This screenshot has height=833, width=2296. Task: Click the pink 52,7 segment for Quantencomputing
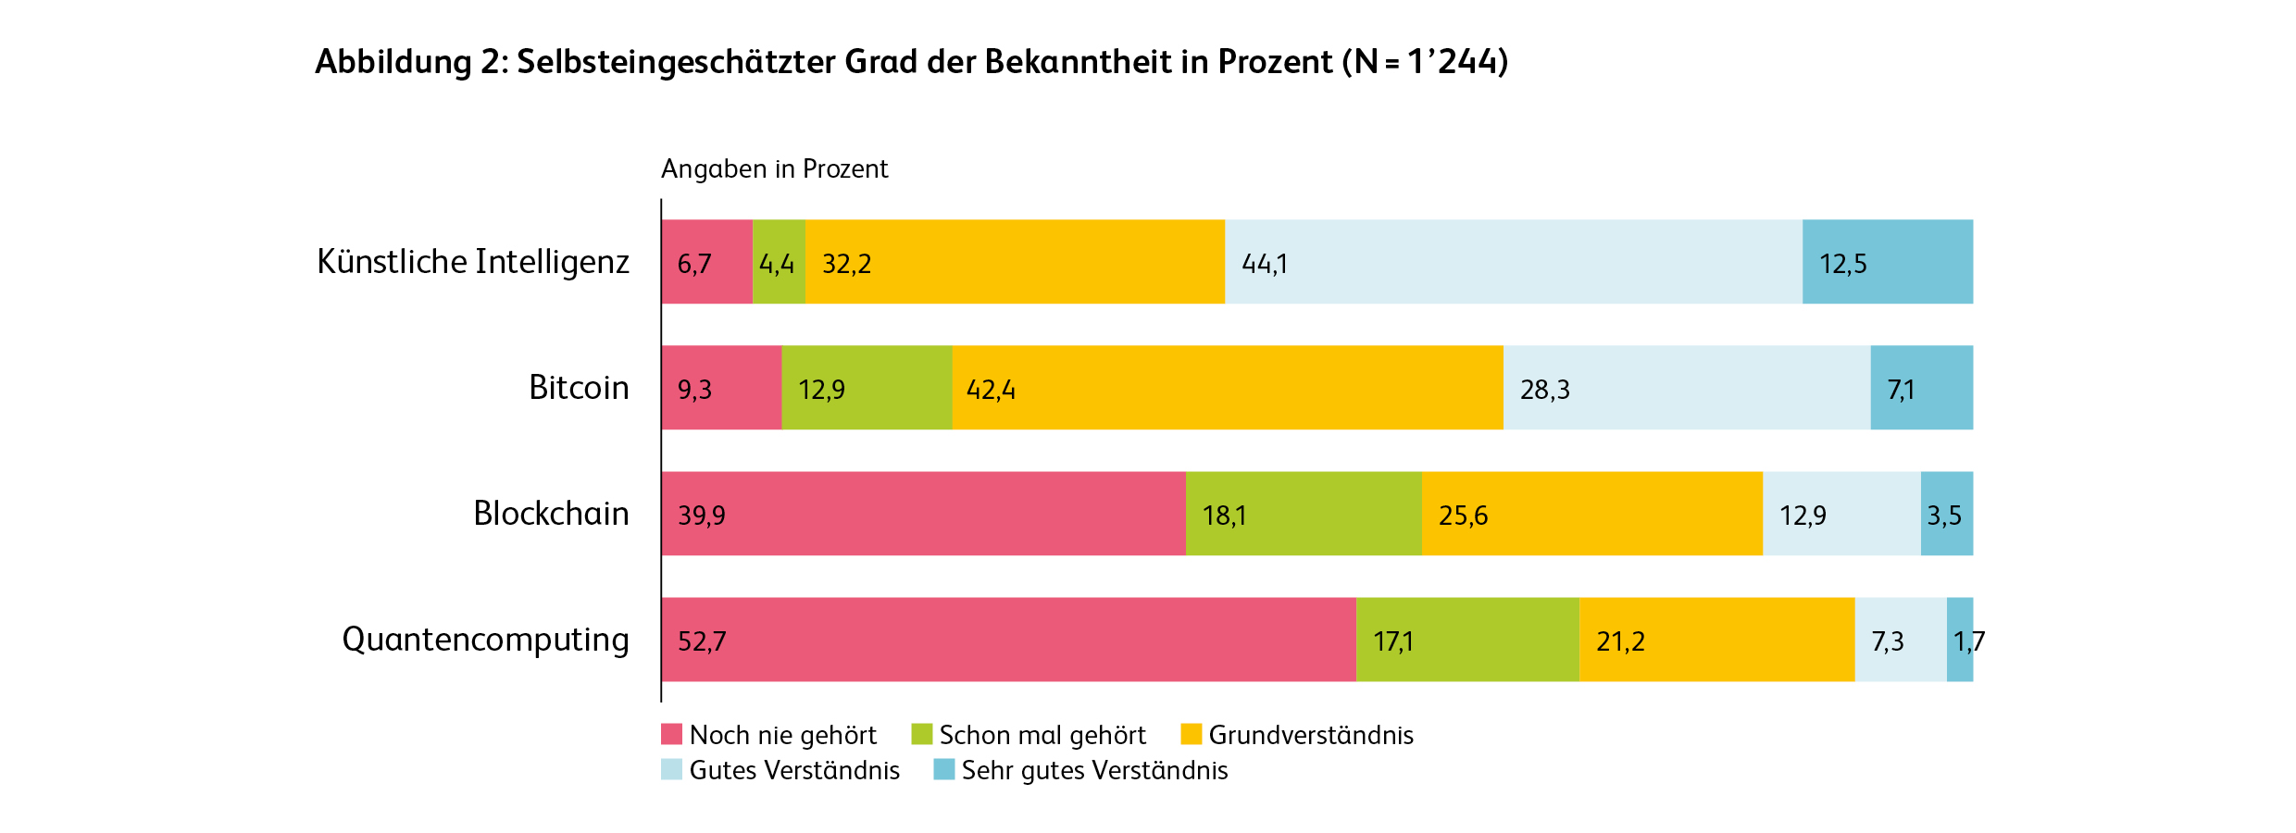(x=1009, y=640)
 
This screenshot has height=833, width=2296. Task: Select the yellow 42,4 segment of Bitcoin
(x=1228, y=388)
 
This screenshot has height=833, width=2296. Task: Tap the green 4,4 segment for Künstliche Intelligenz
(x=779, y=262)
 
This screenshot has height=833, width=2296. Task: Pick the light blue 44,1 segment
(x=1514, y=262)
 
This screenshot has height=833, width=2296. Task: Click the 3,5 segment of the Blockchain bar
(x=1946, y=514)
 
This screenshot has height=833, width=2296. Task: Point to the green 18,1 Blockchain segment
(x=1304, y=514)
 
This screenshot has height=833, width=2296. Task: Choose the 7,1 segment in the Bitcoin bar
(x=1921, y=388)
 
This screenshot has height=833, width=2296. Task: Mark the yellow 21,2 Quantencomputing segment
(x=1716, y=640)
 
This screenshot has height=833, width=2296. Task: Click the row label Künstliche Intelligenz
(x=473, y=262)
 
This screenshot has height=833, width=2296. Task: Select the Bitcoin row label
(x=579, y=388)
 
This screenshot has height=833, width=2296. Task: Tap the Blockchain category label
(x=551, y=514)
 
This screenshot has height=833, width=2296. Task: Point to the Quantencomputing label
(x=485, y=640)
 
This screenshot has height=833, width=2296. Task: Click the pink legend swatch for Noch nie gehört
(x=671, y=734)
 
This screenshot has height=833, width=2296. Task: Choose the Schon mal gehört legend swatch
(x=921, y=734)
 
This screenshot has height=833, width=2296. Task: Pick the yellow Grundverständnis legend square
(x=1191, y=734)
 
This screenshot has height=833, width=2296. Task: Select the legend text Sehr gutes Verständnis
(x=1094, y=770)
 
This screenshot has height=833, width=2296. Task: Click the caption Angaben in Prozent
(x=774, y=168)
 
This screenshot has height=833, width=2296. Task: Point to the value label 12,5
(x=1842, y=264)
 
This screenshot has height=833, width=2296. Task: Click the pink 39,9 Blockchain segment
(x=924, y=514)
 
